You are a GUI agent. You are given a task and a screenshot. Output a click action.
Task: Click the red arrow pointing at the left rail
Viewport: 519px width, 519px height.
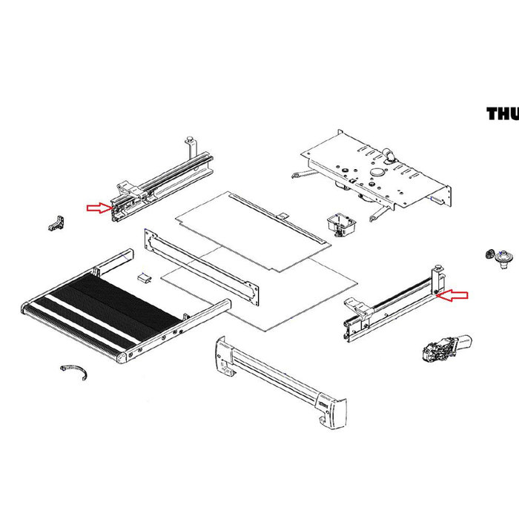pos(97,208)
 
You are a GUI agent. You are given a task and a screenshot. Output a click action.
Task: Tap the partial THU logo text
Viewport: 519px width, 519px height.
pos(502,113)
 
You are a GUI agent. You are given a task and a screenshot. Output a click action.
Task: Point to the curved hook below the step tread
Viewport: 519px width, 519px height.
pos(74,371)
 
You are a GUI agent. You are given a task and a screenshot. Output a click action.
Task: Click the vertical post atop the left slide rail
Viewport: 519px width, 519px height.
pos(191,140)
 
